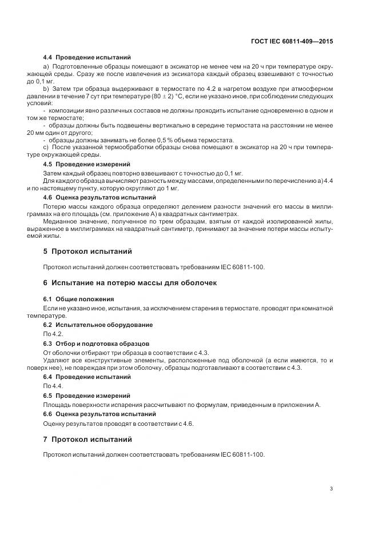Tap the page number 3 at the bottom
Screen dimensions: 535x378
[332, 489]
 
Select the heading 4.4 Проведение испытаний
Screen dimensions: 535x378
[87, 58]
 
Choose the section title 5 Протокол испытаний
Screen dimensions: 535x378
[87, 251]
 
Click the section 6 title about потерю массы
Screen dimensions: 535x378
[130, 283]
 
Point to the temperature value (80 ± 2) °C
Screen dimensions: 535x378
[149, 98]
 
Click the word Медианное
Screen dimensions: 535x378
[61, 220]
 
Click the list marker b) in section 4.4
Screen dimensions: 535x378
[47, 90]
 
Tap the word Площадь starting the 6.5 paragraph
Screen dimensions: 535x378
[58, 405]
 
